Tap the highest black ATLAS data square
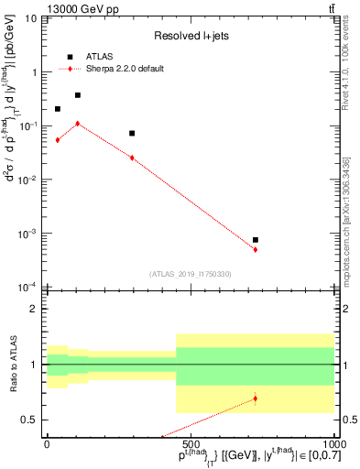[x=78, y=95]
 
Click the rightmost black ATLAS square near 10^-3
[x=256, y=240]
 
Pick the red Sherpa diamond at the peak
[x=78, y=123]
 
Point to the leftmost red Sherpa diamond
[x=58, y=140]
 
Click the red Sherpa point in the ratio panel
[x=256, y=398]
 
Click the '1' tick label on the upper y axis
[x=34, y=72]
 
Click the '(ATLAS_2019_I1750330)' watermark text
[x=190, y=274]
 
